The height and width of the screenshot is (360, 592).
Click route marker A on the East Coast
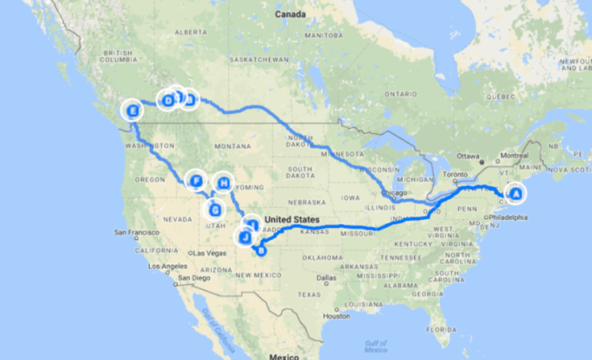(515, 194)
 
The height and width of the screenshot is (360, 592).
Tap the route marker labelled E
(133, 111)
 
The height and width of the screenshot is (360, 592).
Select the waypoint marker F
(197, 181)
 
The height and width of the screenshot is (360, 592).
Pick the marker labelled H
(224, 183)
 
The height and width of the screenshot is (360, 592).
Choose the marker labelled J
(246, 237)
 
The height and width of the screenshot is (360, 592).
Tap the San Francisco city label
(137, 234)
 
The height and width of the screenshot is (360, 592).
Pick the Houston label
(335, 315)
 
